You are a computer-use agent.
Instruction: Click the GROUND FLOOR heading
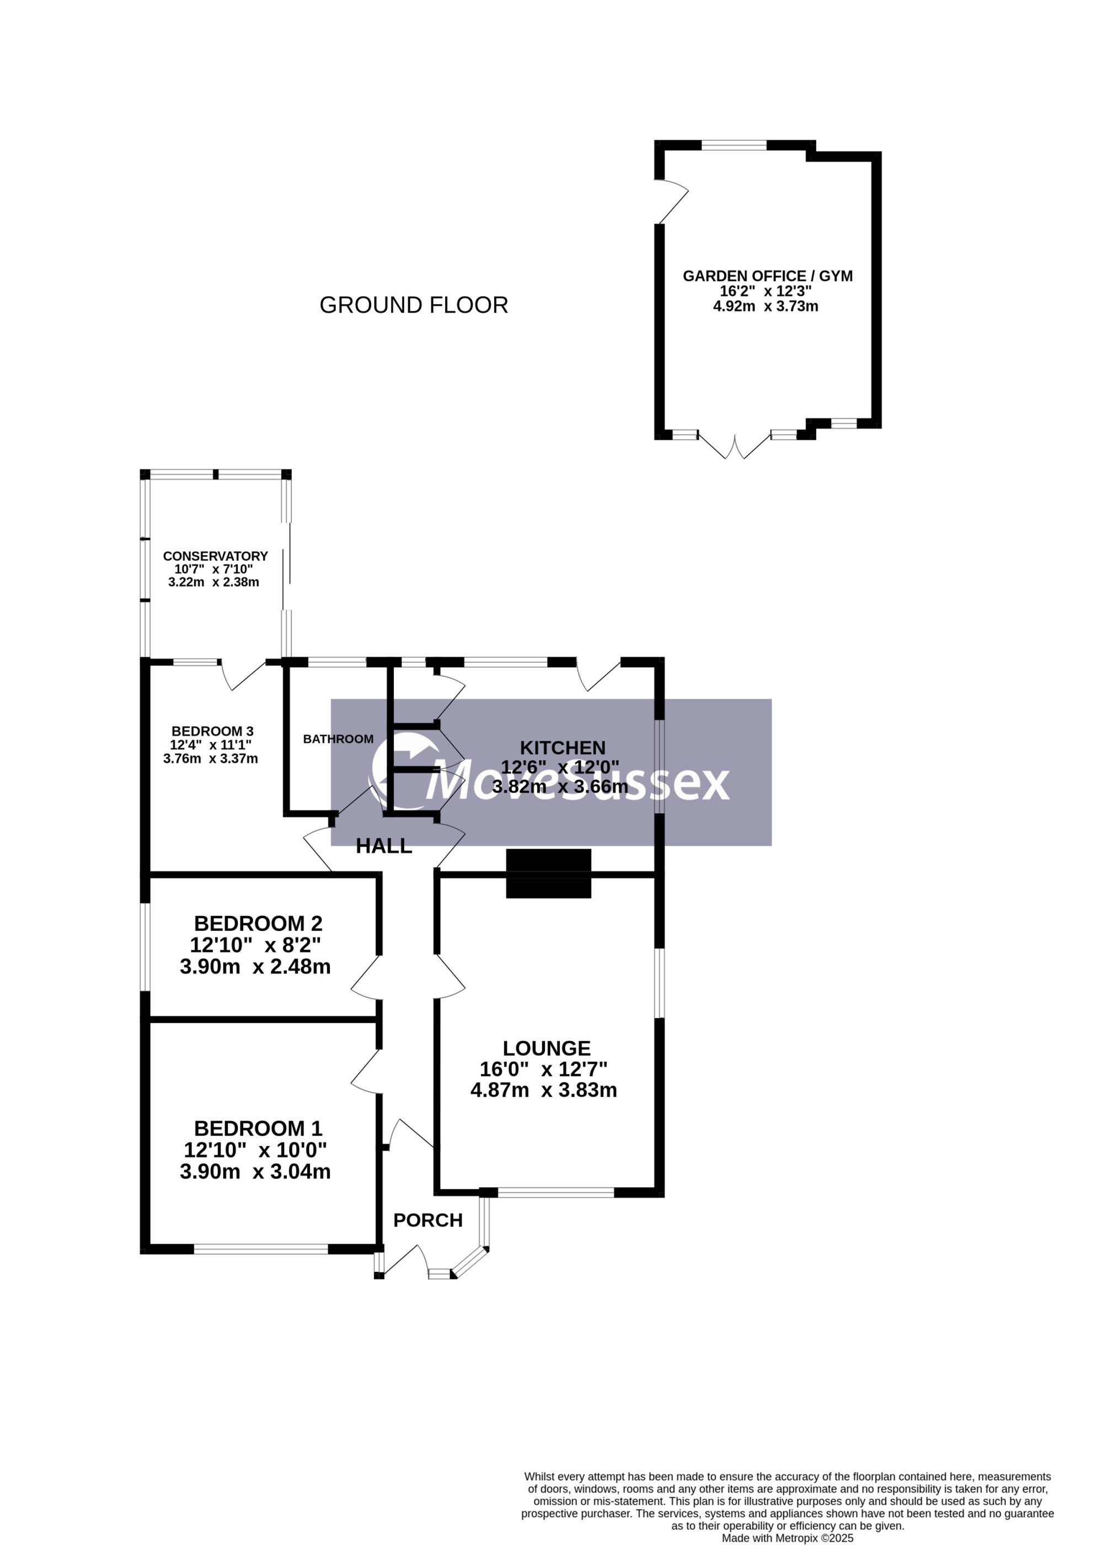tap(414, 305)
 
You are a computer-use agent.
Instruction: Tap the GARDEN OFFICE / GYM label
tap(768, 276)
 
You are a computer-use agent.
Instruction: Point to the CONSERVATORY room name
tap(215, 556)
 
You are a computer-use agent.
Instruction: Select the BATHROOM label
tap(338, 739)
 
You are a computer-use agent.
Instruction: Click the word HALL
tap(384, 846)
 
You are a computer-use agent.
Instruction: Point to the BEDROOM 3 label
tap(212, 731)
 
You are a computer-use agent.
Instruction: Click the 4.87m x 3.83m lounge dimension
tap(544, 1090)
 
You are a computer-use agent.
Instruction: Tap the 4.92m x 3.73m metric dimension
tap(765, 306)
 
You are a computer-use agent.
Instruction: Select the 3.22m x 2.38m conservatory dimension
tap(214, 582)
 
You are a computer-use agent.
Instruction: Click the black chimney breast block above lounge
tap(549, 873)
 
